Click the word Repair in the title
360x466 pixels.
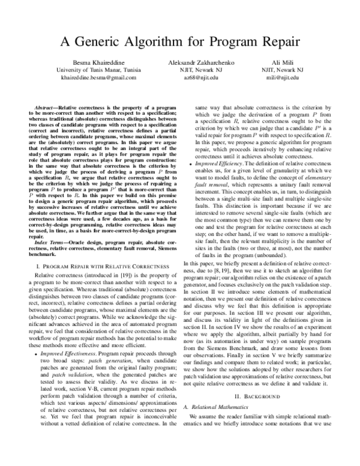click(x=273, y=43)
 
